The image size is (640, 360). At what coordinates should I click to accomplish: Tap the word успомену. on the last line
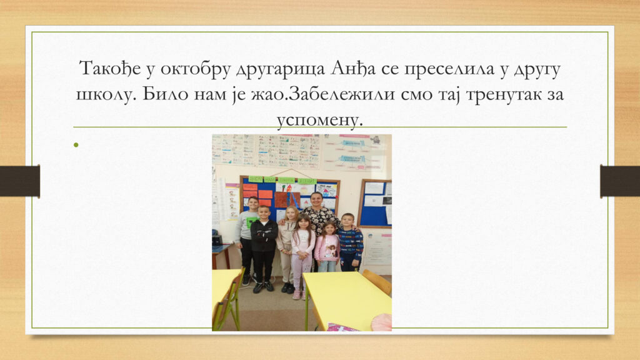point(319,119)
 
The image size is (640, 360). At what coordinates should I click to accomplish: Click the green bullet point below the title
point(76,144)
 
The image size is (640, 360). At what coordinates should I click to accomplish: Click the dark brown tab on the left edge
point(19,181)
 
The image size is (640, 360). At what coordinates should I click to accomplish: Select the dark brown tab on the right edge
point(620,181)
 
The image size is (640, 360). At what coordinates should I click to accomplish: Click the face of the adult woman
point(317,201)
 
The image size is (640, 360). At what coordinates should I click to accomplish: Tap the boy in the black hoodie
point(264,249)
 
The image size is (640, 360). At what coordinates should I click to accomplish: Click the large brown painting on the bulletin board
point(287,200)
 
